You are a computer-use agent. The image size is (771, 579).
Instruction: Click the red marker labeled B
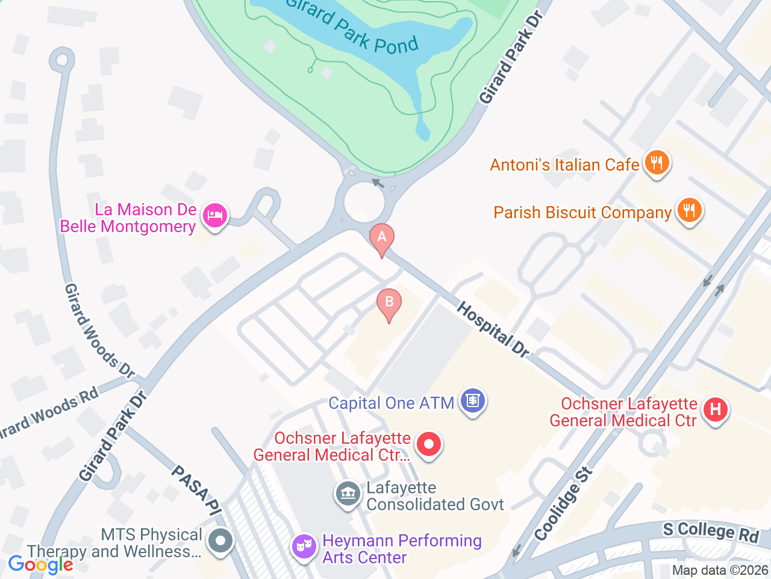[x=389, y=302]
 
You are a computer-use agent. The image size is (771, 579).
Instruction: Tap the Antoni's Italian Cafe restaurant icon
[x=657, y=163]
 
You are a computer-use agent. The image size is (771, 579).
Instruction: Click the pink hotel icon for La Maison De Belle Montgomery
[x=214, y=215]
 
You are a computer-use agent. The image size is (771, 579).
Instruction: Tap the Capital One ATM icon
[x=473, y=401]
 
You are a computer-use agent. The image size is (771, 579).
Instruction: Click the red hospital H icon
[x=715, y=410]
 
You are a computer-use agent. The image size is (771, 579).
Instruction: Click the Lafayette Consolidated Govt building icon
[x=348, y=494]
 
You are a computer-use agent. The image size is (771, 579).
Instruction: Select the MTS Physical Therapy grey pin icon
[x=220, y=540]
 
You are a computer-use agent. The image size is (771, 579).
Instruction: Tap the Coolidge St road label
[x=563, y=504]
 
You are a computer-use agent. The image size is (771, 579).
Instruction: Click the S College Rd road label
[x=711, y=531]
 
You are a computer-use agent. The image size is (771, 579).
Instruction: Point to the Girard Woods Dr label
[x=99, y=331]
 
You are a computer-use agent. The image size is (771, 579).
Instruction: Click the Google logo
[x=41, y=565]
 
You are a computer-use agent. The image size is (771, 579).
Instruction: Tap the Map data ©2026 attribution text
[x=720, y=570]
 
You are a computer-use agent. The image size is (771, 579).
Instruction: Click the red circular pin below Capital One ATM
[x=429, y=445]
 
